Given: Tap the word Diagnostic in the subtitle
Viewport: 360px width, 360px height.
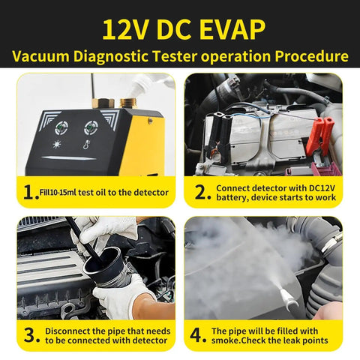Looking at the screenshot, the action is tap(111, 56).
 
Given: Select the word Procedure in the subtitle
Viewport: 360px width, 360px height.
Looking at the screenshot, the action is tap(311, 56).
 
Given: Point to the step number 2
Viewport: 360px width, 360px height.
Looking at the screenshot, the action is tap(201, 193).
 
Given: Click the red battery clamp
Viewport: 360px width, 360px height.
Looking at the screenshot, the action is tap(319, 136).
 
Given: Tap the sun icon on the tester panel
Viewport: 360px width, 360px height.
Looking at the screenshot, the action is tap(57, 144).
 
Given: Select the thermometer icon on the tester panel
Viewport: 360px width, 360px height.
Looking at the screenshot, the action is tap(86, 144).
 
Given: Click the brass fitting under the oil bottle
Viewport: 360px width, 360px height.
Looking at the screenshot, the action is tap(128, 103).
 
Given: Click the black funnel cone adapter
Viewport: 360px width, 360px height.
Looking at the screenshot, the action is tap(105, 266).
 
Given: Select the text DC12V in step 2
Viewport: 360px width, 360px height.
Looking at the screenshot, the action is tap(322, 188).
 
